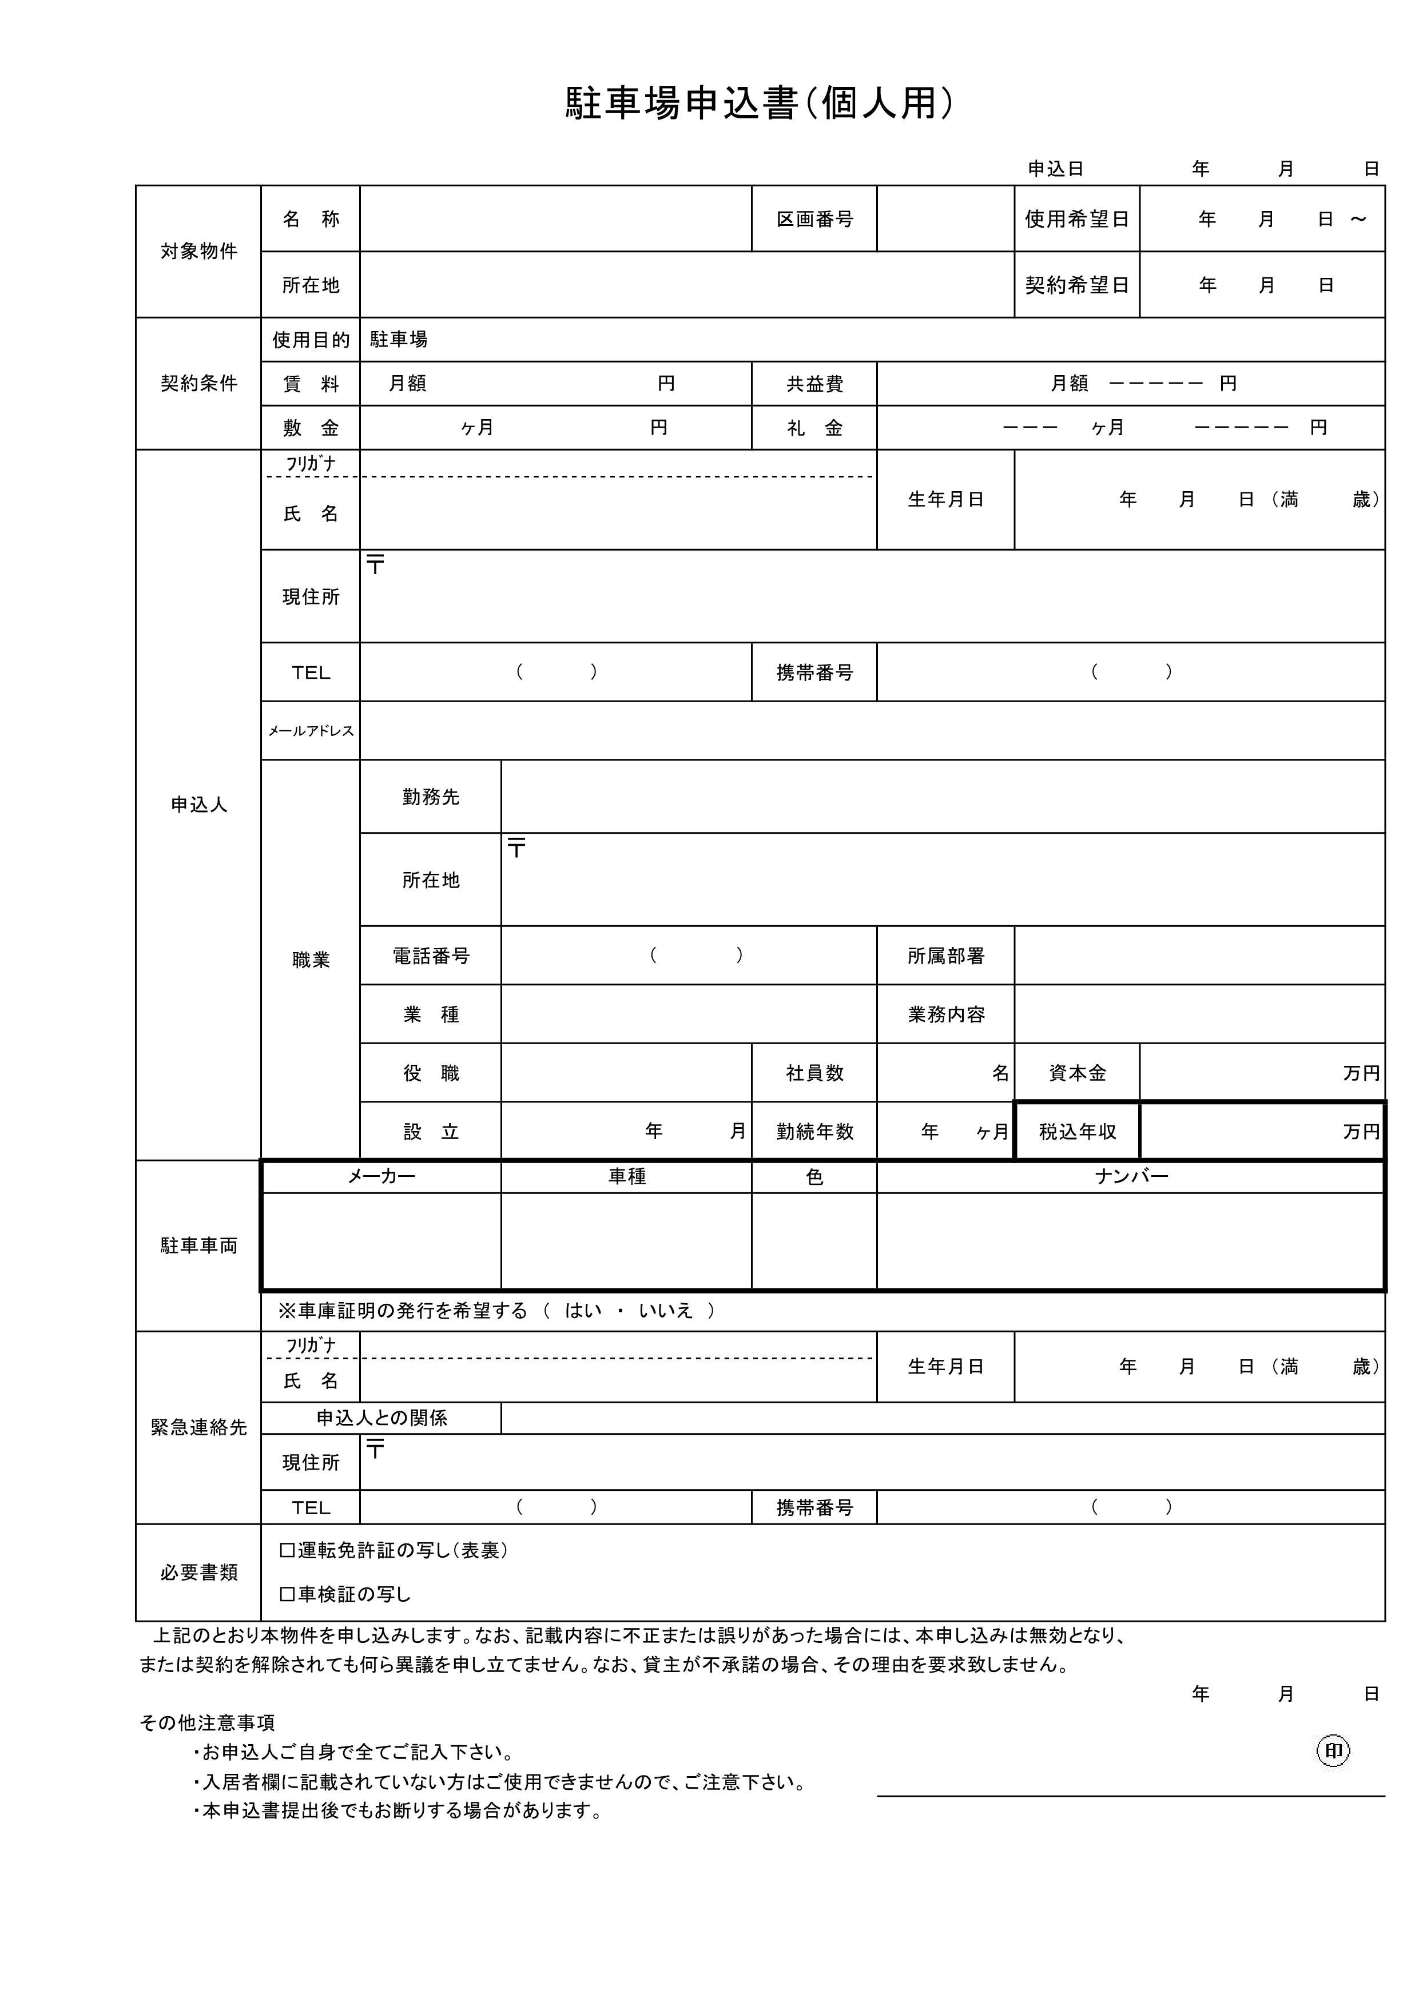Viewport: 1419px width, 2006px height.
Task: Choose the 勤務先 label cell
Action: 430,797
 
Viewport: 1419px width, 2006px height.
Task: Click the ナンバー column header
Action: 1131,1177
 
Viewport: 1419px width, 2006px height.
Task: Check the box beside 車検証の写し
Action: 287,1594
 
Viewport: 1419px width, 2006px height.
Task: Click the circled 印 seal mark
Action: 1333,1751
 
